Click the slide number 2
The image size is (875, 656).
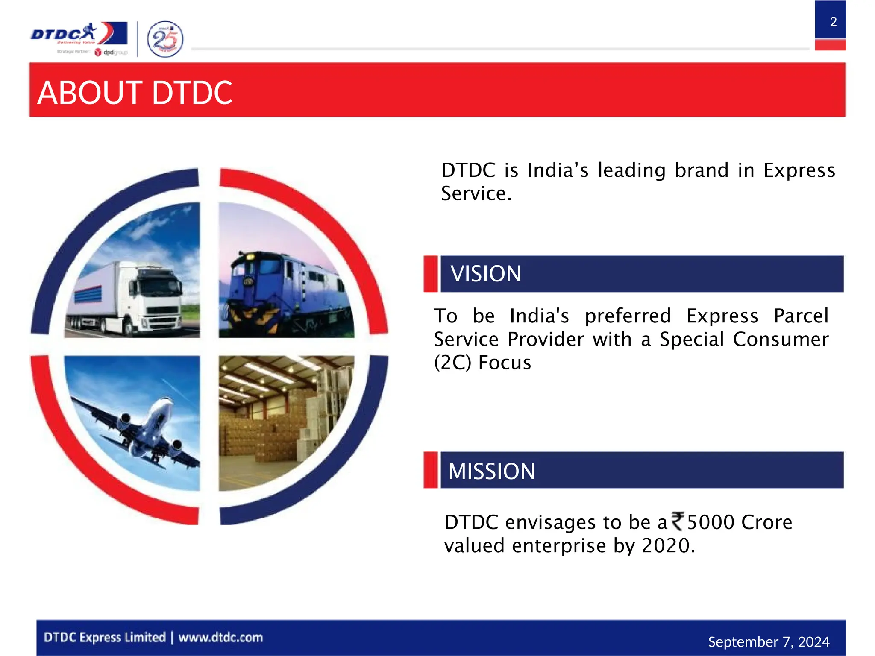(x=833, y=22)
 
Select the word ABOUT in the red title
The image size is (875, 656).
(x=90, y=93)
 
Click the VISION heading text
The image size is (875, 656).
(x=485, y=274)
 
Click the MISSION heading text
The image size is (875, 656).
(x=491, y=471)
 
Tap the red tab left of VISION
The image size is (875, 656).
(x=431, y=274)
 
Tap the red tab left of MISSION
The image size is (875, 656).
(x=431, y=470)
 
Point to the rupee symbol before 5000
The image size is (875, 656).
(x=678, y=521)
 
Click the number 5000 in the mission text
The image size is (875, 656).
(x=711, y=522)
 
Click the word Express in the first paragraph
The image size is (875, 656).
(x=799, y=170)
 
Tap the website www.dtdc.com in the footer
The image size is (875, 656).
(x=220, y=638)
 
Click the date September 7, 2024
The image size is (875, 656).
(x=768, y=642)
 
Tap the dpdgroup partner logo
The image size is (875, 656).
(x=111, y=52)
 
